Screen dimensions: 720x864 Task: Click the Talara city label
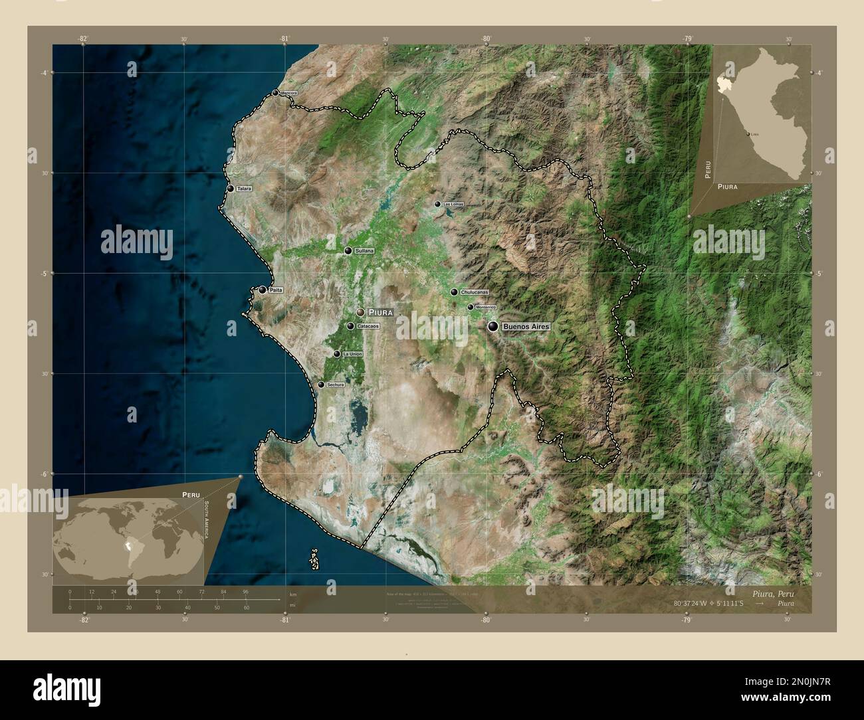[244, 189]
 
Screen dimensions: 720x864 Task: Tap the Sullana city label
[365, 251]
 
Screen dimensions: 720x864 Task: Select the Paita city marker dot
[263, 290]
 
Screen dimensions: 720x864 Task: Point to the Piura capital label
[381, 312]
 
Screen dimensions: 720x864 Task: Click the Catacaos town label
[368, 326]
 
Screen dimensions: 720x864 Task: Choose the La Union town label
[352, 355]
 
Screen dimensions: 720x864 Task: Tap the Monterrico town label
[486, 308]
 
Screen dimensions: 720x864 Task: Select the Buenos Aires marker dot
[493, 326]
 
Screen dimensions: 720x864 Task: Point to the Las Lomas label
[453, 205]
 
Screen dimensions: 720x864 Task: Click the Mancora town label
[288, 93]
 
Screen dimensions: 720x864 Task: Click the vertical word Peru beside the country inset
[708, 171]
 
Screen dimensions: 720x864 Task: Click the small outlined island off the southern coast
[313, 559]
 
